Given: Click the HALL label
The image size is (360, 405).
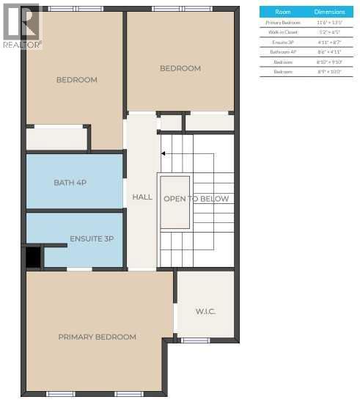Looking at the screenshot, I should click(142, 197).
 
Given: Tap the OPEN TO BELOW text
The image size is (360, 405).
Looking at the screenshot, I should click(196, 199).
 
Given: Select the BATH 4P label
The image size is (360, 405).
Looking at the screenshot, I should click(70, 182).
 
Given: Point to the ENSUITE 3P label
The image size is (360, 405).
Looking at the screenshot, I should click(92, 239).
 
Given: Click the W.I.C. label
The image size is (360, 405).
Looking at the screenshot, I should click(205, 311).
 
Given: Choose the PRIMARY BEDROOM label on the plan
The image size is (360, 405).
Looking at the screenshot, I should click(97, 337).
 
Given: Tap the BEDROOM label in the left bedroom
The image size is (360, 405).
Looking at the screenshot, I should click(76, 80).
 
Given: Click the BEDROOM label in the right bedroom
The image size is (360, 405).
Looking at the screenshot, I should click(180, 68).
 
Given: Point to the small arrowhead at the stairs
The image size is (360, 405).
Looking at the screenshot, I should click(164, 153).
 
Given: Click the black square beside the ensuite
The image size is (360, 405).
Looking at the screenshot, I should click(33, 257).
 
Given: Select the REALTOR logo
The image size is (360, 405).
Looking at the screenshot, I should click(21, 26).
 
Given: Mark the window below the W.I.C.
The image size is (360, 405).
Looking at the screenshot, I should click(196, 340).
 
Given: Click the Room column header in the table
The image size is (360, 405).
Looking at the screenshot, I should click(282, 12).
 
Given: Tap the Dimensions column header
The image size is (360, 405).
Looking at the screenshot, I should click(329, 12).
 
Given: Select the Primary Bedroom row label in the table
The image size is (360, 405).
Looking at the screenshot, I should click(282, 23).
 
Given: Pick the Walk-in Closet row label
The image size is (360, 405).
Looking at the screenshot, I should click(282, 32).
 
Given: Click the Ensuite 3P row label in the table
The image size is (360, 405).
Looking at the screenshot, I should click(282, 43).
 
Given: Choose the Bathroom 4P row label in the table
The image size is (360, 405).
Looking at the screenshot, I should click(282, 52).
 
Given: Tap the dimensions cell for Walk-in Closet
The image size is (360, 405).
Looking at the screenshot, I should click(329, 32).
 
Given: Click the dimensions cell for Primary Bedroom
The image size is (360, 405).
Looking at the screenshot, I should click(329, 23).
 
